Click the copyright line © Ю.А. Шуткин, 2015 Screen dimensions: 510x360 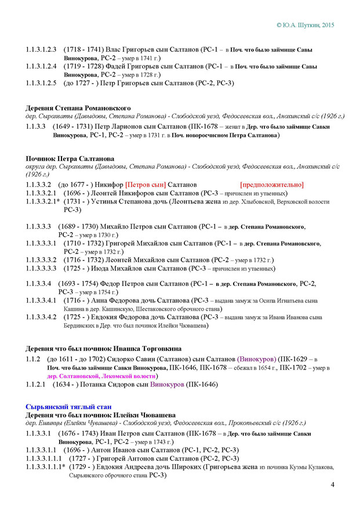click(x=306, y=26)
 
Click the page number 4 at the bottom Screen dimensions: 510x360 click(x=332, y=485)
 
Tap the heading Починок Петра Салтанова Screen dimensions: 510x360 click(x=70, y=159)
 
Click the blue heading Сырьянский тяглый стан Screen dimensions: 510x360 click(x=68, y=406)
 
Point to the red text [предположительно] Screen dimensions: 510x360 click(x=271, y=185)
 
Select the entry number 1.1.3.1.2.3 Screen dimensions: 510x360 click(x=41, y=49)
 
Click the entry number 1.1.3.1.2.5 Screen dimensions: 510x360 click(x=41, y=83)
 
